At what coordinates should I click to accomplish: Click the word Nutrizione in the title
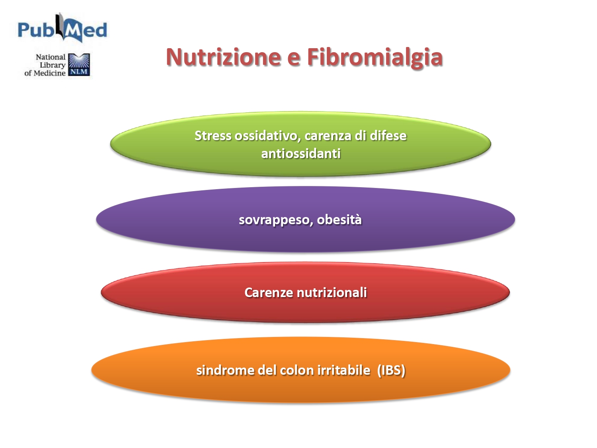223,57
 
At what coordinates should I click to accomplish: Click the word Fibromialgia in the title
375,58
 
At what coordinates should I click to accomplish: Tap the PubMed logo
62,28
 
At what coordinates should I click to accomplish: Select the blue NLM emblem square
79,65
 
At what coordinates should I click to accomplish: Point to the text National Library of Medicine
45,65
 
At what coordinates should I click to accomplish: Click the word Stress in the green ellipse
213,135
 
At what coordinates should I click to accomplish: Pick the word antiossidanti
301,154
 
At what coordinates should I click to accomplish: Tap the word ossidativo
268,136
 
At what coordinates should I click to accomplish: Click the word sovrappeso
274,220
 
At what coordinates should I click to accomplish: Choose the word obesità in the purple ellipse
339,219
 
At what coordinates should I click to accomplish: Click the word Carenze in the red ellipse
269,293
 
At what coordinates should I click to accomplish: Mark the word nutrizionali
332,293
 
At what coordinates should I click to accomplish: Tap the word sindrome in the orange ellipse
225,370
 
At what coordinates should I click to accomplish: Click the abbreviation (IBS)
391,371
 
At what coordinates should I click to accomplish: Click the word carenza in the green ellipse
328,136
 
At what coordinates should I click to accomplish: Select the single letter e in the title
294,60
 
